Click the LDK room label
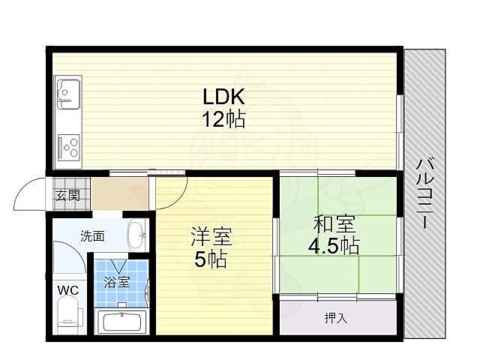223,98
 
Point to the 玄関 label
66,196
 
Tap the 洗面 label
92,235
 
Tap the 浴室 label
118,283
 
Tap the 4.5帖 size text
334,244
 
